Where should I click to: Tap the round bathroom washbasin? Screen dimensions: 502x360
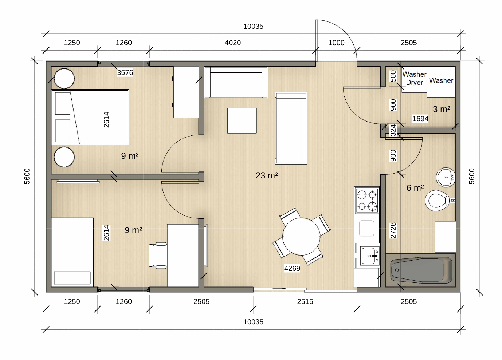[446, 177]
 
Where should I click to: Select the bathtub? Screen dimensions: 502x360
[421, 270]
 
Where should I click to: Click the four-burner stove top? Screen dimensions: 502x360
[367, 200]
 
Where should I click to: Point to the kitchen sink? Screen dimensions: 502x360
[370, 256]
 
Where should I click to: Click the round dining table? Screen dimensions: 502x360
[301, 236]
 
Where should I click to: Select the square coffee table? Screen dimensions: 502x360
[242, 121]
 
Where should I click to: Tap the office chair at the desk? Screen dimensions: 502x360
[158, 256]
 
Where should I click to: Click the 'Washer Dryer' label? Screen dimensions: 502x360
[414, 78]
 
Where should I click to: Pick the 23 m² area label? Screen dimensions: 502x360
[267, 175]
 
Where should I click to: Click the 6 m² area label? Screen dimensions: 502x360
[415, 188]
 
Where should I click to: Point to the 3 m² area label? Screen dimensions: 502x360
[441, 109]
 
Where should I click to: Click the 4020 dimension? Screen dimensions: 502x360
[233, 43]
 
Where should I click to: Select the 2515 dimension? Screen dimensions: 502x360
[305, 301]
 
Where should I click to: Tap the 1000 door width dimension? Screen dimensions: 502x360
[336, 43]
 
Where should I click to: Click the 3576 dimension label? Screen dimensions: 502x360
[125, 72]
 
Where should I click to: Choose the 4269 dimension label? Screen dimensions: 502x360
[292, 268]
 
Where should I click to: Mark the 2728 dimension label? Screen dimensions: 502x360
[393, 231]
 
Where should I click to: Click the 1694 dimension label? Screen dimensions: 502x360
[420, 119]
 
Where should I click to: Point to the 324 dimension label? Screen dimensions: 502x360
[393, 131]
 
